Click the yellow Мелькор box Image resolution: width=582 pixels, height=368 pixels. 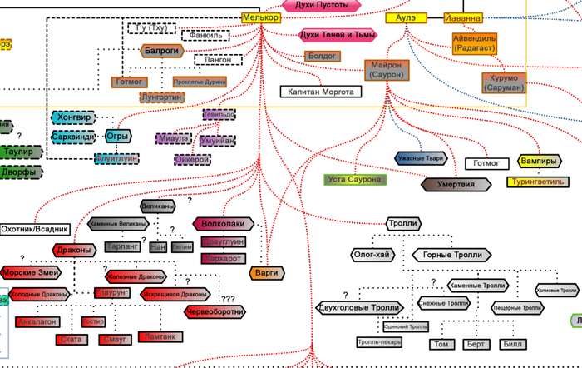pos(261,17)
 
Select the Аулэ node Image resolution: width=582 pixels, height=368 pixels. pos(406,17)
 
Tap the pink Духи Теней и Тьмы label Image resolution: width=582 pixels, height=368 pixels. pos(337,36)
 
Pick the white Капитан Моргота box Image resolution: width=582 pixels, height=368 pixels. pos(320,92)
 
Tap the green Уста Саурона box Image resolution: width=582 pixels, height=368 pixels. pos(354,179)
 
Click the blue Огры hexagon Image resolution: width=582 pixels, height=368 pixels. pos(116,137)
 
